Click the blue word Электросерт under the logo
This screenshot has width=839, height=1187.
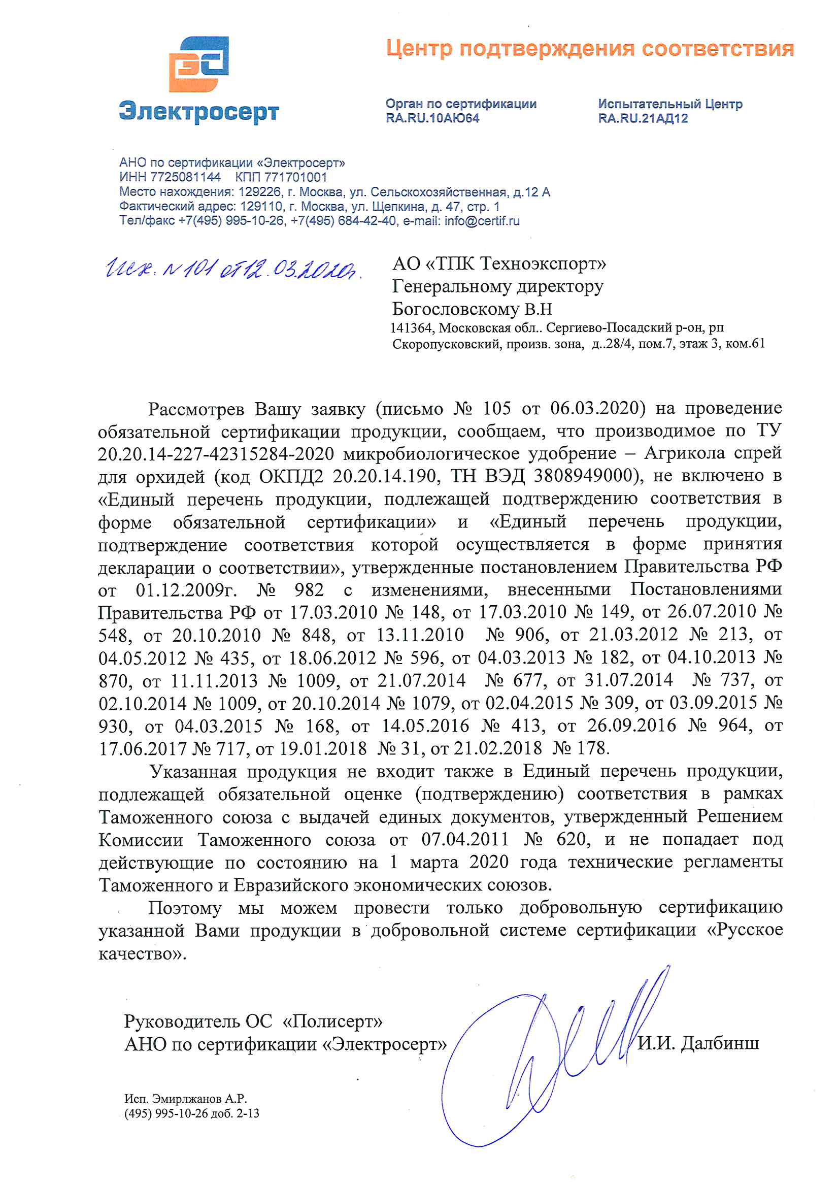tap(199, 111)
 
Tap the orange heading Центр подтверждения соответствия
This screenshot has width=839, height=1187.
tap(590, 49)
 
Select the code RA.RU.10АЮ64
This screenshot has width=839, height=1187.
tap(432, 118)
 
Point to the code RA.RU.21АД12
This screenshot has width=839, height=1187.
tap(643, 118)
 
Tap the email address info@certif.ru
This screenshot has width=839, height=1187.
tap(482, 221)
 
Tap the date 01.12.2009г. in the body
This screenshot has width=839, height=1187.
tap(186, 590)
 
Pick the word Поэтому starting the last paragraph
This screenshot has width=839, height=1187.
tap(185, 907)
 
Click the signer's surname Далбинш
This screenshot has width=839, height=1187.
tap(720, 1043)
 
